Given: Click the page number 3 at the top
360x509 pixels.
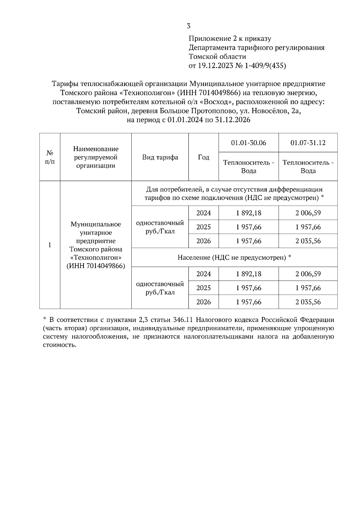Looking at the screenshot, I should (x=188, y=26).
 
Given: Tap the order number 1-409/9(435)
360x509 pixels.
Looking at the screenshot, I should (x=265, y=66).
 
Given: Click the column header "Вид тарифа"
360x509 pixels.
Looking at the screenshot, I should (x=160, y=157).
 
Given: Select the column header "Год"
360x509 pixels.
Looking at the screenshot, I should (x=203, y=157).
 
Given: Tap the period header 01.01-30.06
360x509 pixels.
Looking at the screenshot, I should (x=248, y=143).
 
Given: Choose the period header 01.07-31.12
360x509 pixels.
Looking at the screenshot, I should (x=308, y=143).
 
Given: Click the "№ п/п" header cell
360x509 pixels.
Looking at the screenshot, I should (x=50, y=157).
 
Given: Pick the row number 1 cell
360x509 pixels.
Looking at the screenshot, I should (x=50, y=245).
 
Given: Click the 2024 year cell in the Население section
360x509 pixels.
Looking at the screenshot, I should (x=203, y=274).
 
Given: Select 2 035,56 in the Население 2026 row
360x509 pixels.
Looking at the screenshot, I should (x=308, y=302).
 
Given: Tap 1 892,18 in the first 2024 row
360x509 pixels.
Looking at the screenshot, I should (x=248, y=213).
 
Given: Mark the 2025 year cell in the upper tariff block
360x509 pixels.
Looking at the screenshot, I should (x=203, y=227).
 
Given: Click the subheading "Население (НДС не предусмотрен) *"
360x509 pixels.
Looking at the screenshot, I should (x=234, y=257).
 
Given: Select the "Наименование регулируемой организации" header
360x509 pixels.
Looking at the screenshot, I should (x=96, y=157).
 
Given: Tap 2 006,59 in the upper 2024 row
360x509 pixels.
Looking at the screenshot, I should (x=308, y=213).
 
